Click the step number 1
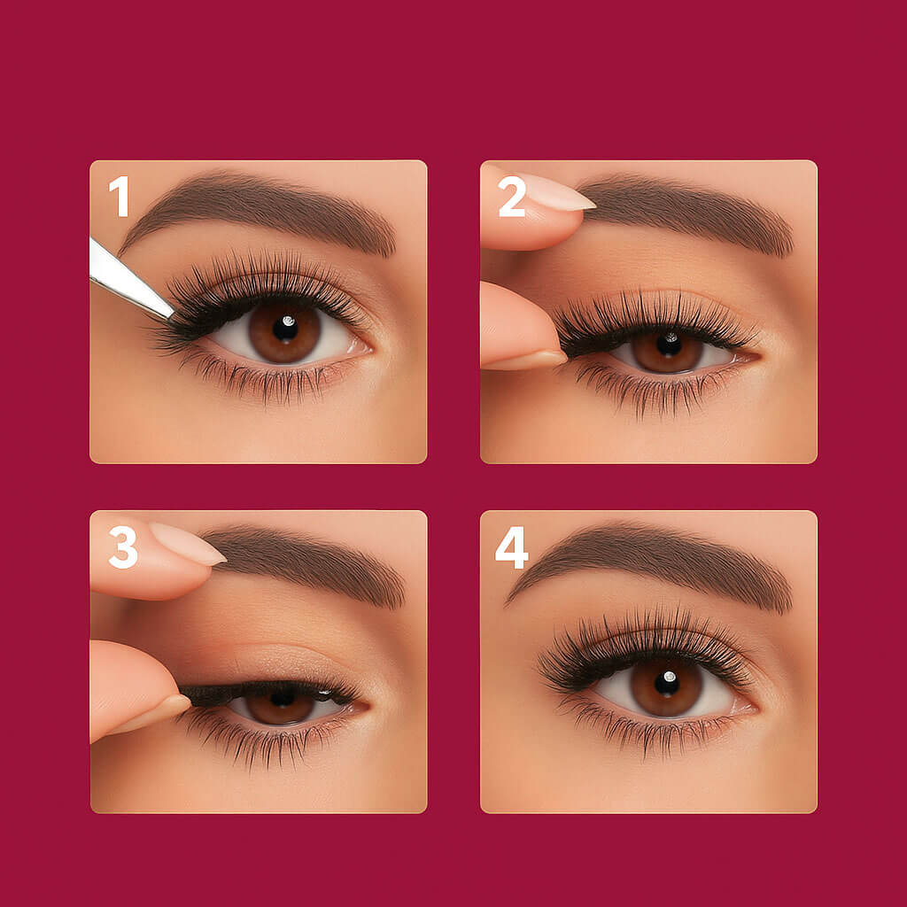tap(120, 196)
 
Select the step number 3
tap(123, 547)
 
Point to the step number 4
tap(512, 547)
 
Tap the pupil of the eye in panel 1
tap(284, 329)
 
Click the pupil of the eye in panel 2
tap(669, 345)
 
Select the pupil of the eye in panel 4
tap(667, 683)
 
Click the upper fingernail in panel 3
tap(188, 543)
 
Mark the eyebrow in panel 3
tap(306, 564)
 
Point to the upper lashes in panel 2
tap(654, 320)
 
